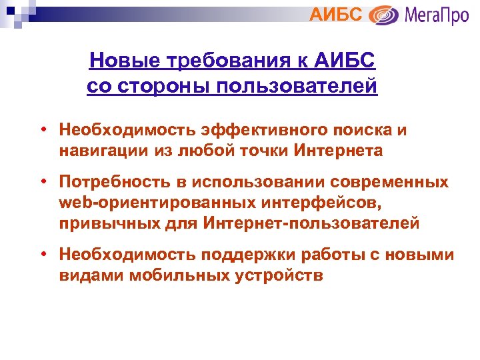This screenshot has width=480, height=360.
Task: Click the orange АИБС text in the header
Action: [x=337, y=13]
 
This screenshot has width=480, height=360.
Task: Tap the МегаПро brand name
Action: [x=436, y=14]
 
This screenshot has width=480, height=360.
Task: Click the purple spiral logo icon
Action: [x=384, y=15]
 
